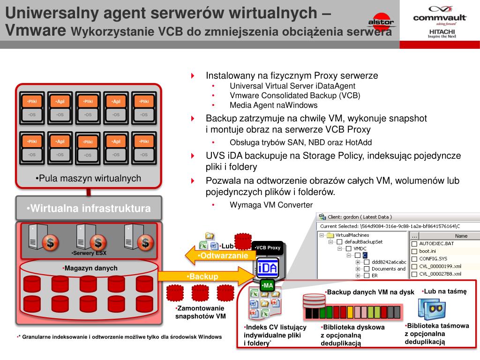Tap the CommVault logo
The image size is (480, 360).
pos(440,16)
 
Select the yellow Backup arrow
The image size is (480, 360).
pos(204,277)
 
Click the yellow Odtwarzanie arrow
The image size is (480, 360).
pos(220,255)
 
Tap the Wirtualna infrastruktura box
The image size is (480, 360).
pos(89,208)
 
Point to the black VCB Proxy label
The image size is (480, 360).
pos(268,247)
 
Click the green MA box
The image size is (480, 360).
pos(268,285)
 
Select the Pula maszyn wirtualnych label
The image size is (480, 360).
pos(88,178)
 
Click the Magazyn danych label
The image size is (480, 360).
pos(90,268)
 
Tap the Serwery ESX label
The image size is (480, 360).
pos(89,253)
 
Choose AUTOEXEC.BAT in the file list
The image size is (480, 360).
pos(436,244)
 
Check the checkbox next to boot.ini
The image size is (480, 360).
pos(414,251)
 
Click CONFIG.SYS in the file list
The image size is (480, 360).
pos(433,259)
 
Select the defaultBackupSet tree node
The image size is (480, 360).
pos(363,242)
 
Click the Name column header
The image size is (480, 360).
pos(461,236)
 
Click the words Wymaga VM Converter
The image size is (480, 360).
pos(270,204)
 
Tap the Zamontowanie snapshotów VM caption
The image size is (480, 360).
pos(201,312)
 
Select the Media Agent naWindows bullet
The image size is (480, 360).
pos(267,105)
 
